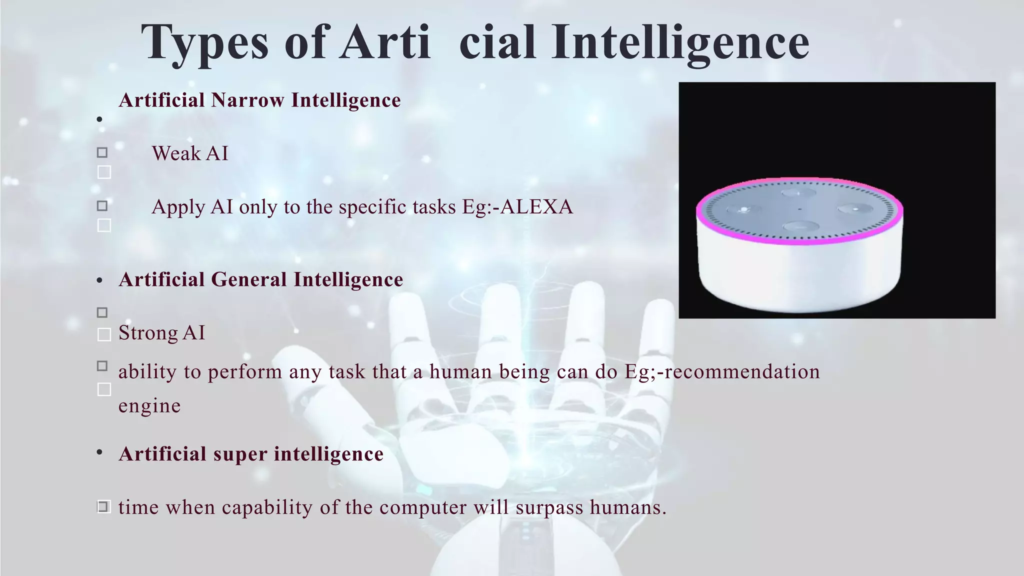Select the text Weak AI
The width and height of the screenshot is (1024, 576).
pyautogui.click(x=190, y=153)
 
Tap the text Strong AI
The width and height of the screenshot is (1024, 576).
pyautogui.click(x=161, y=333)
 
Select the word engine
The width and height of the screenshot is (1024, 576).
pyautogui.click(x=149, y=405)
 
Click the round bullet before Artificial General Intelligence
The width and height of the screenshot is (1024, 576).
pyautogui.click(x=99, y=280)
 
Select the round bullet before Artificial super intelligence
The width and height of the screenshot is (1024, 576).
pyautogui.click(x=99, y=452)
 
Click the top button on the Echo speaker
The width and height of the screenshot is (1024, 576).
pyautogui.click(x=799, y=193)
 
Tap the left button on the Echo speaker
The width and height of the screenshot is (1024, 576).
pyautogui.click(x=744, y=209)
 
